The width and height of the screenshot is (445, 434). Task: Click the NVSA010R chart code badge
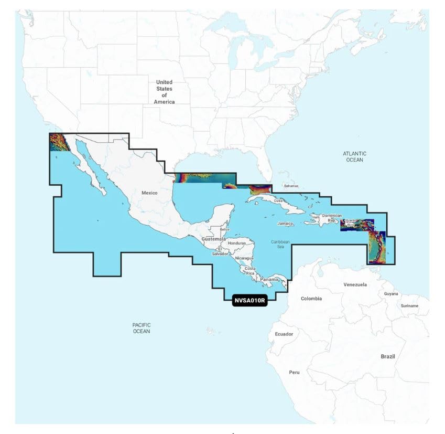coord(249,301)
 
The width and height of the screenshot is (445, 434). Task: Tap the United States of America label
coord(164,92)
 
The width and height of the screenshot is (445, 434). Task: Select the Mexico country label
coord(149,193)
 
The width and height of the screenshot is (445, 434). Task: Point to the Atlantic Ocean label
coord(355,156)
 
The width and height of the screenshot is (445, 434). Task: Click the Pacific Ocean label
coord(142,328)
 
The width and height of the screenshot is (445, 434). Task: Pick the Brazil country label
coord(388,356)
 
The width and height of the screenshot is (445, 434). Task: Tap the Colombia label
coord(311,299)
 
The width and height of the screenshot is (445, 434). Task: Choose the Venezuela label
coord(355,284)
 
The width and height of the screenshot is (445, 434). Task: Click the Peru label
coord(295,372)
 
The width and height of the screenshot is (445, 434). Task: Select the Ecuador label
coord(284,334)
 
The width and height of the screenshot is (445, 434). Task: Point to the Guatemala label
coord(213,239)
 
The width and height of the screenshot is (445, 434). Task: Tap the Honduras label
coord(237,244)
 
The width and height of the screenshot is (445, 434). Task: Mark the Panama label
coord(270,279)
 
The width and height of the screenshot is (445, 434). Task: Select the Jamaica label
coord(286,224)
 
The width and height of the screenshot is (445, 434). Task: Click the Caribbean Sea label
coord(280,244)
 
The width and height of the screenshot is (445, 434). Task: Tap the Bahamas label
coord(291,186)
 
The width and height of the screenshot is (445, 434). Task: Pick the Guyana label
coord(391,294)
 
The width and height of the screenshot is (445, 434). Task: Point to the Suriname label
coord(409,305)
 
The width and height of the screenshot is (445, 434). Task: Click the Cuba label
coord(278,201)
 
